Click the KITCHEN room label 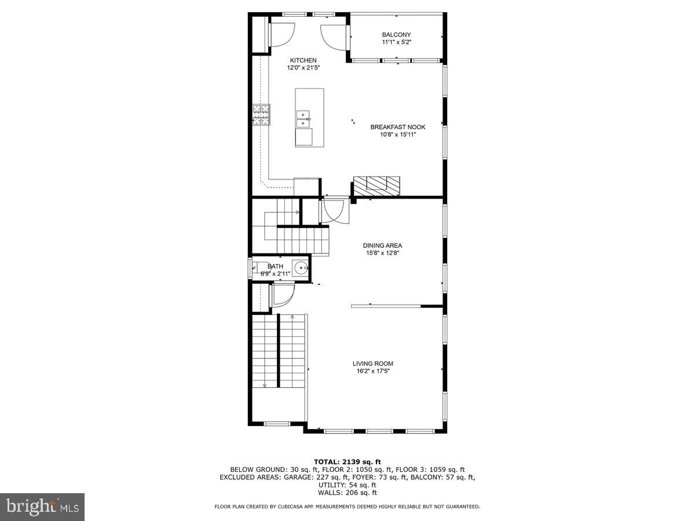pyautogui.click(x=303, y=60)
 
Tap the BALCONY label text pyautogui.click(x=396, y=35)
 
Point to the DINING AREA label pyautogui.click(x=382, y=245)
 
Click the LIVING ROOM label pyautogui.click(x=373, y=364)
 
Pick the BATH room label pyautogui.click(x=275, y=266)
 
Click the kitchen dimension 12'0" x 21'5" pyautogui.click(x=303, y=68)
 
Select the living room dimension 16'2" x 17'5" pyautogui.click(x=373, y=371)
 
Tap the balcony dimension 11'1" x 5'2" pyautogui.click(x=396, y=42)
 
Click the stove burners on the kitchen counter pyautogui.click(x=261, y=114)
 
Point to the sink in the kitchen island pyautogui.click(x=303, y=119)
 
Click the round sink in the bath pyautogui.click(x=301, y=268)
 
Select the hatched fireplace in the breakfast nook pyautogui.click(x=377, y=185)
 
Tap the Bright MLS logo pyautogui.click(x=42, y=507)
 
